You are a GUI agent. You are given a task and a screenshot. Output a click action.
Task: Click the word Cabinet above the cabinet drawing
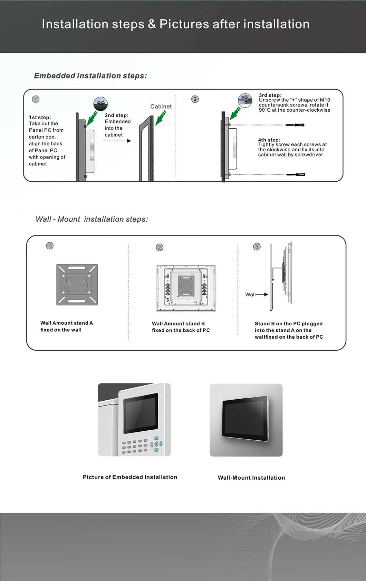click(161, 107)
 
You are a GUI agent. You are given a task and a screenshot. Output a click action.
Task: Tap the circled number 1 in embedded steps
click(36, 99)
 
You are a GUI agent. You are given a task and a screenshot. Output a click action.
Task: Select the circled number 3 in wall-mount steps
click(257, 247)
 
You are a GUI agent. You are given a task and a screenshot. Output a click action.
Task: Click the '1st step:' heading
click(40, 118)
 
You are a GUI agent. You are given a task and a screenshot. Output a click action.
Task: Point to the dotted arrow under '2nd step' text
click(117, 141)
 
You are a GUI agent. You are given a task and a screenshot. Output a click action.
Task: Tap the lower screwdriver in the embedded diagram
click(296, 175)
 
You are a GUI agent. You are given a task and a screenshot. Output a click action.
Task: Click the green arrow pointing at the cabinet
click(161, 118)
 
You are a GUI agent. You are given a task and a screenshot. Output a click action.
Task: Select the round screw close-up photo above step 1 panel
click(100, 103)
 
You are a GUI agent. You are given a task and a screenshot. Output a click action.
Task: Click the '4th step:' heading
click(269, 140)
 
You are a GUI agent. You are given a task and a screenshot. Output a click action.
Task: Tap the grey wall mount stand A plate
click(77, 285)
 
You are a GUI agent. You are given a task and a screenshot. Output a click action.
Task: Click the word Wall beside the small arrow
click(250, 294)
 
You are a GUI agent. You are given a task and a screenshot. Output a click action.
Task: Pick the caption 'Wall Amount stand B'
click(178, 323)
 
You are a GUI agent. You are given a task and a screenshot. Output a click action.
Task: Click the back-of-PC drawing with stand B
click(186, 289)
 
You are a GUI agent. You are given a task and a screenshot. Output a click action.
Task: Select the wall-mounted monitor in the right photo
click(245, 419)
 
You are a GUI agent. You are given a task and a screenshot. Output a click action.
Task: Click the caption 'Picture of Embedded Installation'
click(130, 477)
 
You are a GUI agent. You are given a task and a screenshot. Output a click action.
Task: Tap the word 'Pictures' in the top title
click(184, 24)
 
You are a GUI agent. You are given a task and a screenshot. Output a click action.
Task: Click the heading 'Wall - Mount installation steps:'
click(91, 219)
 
